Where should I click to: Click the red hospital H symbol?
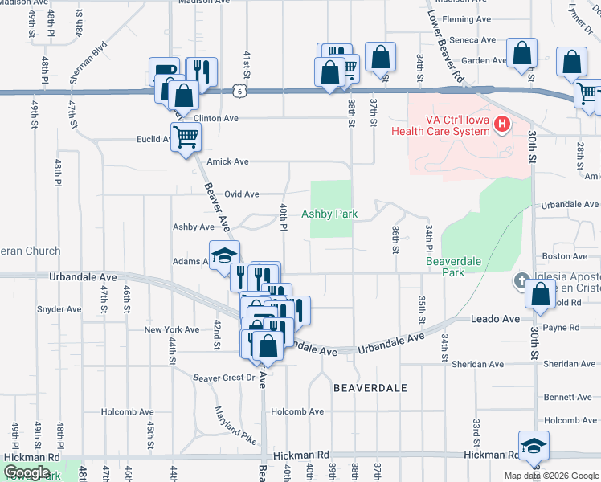(x=502, y=124)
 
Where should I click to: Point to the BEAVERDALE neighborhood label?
(x=370, y=388)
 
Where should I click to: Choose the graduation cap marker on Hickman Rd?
(x=534, y=445)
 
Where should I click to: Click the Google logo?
(x=27, y=472)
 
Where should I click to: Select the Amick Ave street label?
(x=227, y=161)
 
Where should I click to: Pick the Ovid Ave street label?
(x=241, y=194)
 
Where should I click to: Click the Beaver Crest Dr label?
(x=223, y=377)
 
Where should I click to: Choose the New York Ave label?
(x=171, y=330)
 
